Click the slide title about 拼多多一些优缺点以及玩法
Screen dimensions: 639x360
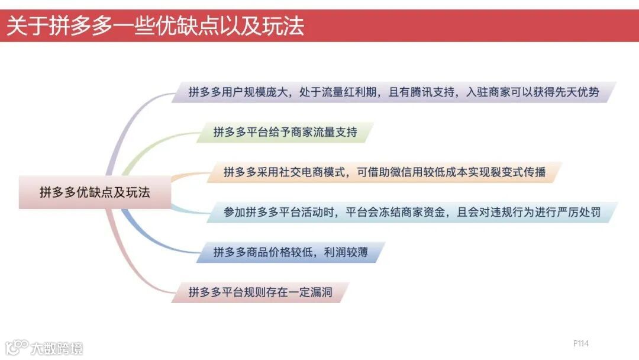click(x=155, y=26)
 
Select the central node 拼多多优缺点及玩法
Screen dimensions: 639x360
click(x=95, y=192)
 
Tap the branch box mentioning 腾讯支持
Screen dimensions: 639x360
click(x=393, y=92)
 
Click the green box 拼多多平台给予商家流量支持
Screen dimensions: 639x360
click(x=285, y=132)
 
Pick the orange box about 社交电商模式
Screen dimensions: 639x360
click(x=384, y=172)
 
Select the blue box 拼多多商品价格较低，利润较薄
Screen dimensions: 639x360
click(x=291, y=253)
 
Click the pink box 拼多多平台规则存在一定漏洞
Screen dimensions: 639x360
click(x=260, y=292)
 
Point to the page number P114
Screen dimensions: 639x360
click(x=580, y=343)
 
